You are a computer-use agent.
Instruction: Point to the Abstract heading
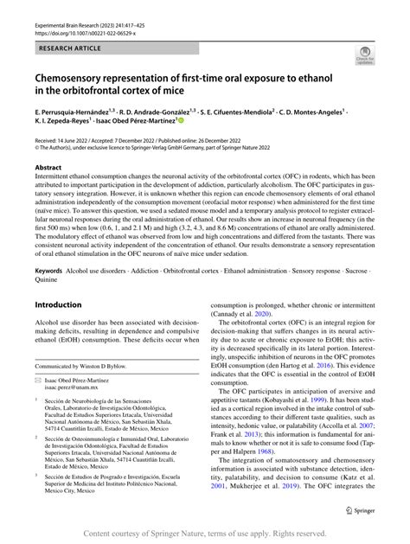point(48,168)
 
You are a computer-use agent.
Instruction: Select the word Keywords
point(48,270)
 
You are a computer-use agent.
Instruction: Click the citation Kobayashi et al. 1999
point(319,402)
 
